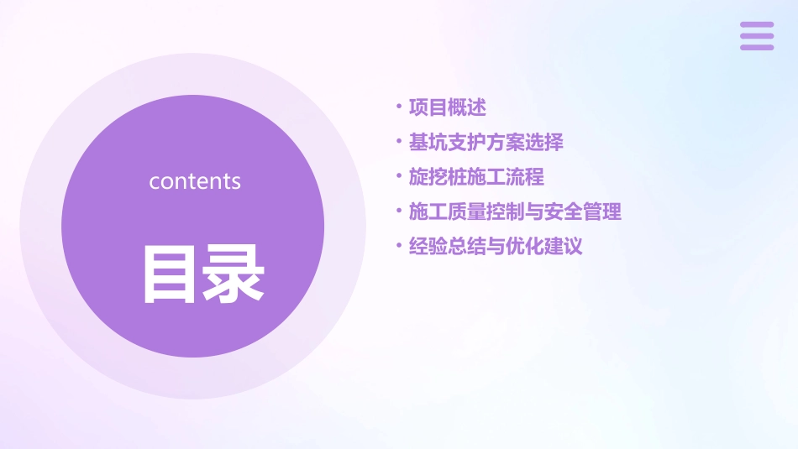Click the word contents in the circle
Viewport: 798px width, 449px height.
195,181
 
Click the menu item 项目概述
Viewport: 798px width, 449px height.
447,107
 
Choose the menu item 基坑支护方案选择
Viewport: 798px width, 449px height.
486,142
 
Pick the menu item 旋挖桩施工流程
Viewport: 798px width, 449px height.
476,177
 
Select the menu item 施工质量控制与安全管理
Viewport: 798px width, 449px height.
515,211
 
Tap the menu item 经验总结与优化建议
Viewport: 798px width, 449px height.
496,247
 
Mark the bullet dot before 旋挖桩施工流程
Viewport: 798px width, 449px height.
398,176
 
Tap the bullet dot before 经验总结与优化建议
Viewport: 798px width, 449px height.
398,246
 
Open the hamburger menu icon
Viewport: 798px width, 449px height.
757,36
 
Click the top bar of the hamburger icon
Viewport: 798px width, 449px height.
757,25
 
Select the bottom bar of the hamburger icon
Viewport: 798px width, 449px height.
757,47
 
